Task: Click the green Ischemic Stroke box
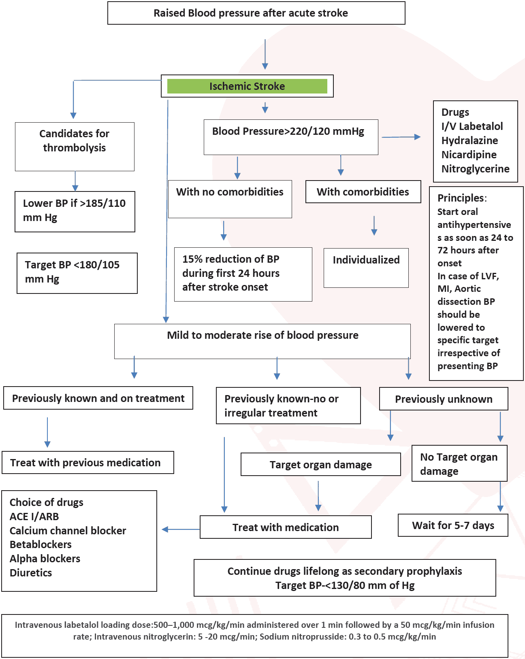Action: coord(247,86)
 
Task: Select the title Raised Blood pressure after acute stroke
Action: coord(250,13)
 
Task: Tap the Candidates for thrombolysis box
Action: coord(75,141)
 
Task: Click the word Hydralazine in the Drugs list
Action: coord(470,140)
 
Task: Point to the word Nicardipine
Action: coord(469,155)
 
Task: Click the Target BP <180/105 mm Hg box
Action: coord(77,272)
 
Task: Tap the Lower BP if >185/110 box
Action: coord(75,210)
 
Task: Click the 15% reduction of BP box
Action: coord(243,273)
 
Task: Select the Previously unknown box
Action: coord(444,399)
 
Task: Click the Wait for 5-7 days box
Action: coord(453,525)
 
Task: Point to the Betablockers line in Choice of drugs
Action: coord(41,544)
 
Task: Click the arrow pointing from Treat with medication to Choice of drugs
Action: coord(180,529)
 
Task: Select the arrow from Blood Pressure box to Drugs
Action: coord(401,137)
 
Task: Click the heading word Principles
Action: coord(461,198)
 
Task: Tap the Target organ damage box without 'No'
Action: coord(320,465)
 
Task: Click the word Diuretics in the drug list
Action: coord(31,573)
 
